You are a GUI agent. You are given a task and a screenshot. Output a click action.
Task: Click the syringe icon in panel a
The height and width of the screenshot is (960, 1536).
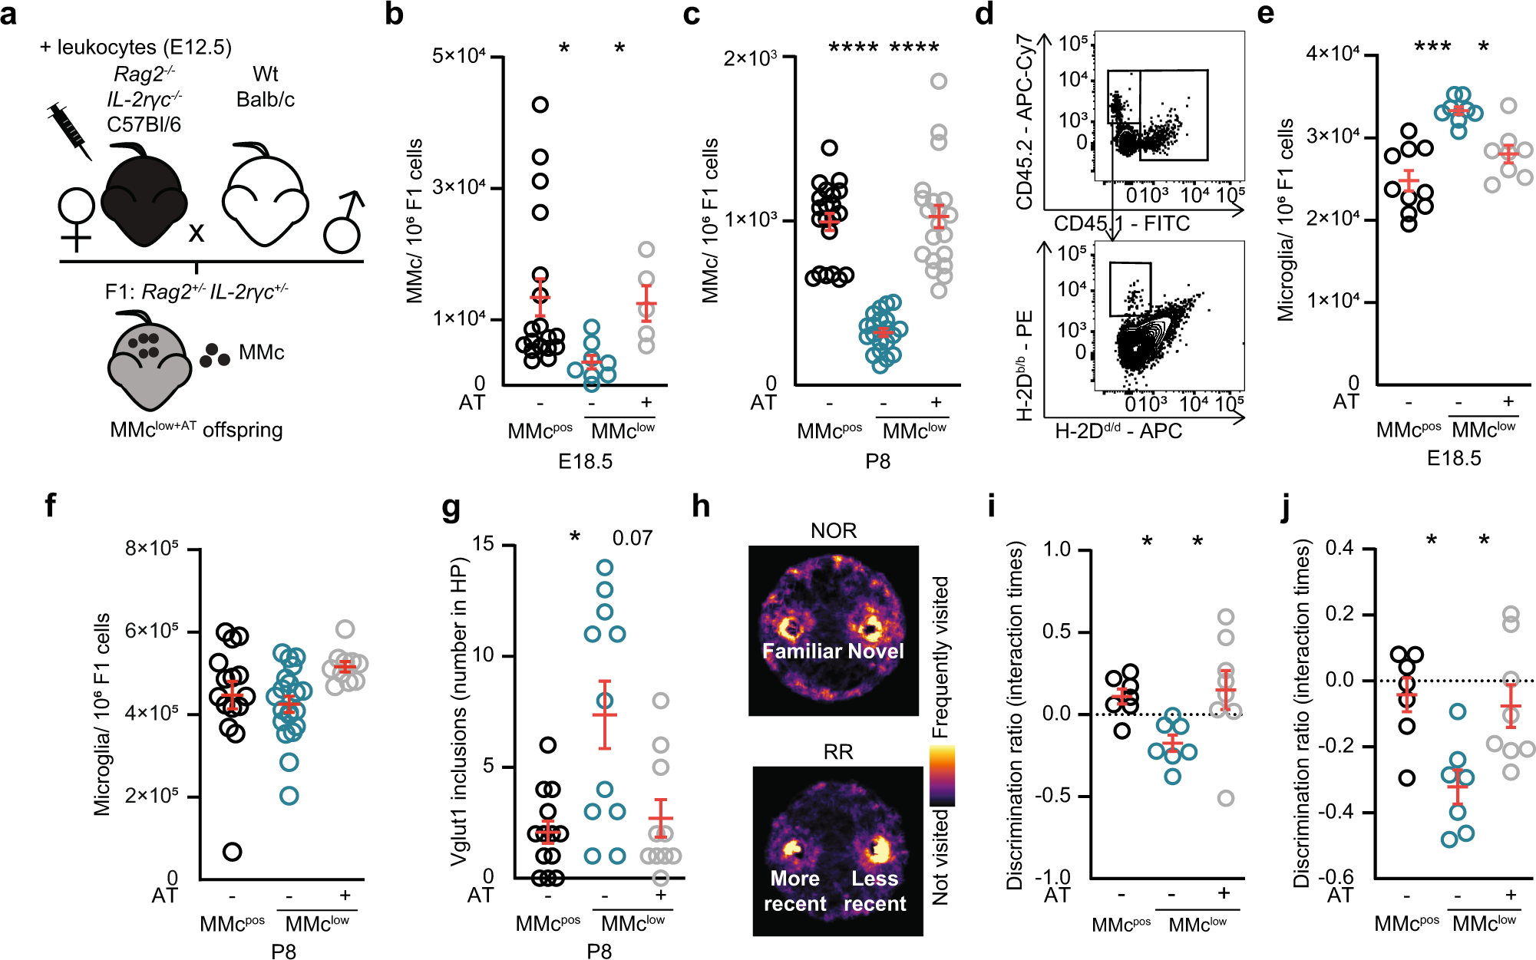70,130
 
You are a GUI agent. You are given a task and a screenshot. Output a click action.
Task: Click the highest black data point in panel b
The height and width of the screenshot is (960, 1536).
540,104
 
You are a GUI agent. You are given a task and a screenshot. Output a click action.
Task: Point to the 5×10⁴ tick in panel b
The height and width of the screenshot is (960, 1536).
458,57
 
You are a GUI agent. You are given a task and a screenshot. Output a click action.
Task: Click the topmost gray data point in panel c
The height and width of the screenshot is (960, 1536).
938,81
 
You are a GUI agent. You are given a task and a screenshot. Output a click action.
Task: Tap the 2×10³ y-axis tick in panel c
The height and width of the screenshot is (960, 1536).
750,58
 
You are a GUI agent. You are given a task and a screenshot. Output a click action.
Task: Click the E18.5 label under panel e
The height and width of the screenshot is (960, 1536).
1454,459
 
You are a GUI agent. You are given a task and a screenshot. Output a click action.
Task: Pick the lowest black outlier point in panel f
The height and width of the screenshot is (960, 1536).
232,851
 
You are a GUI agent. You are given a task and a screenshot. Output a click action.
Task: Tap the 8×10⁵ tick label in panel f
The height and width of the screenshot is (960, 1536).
152,549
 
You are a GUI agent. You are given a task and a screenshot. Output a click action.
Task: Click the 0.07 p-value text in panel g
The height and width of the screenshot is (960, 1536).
632,538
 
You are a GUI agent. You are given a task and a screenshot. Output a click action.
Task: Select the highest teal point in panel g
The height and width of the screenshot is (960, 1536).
605,568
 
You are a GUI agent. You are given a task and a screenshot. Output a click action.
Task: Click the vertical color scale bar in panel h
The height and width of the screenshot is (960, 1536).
941,775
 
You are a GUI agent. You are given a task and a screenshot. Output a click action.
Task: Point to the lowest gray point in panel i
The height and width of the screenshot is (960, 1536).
1226,798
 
